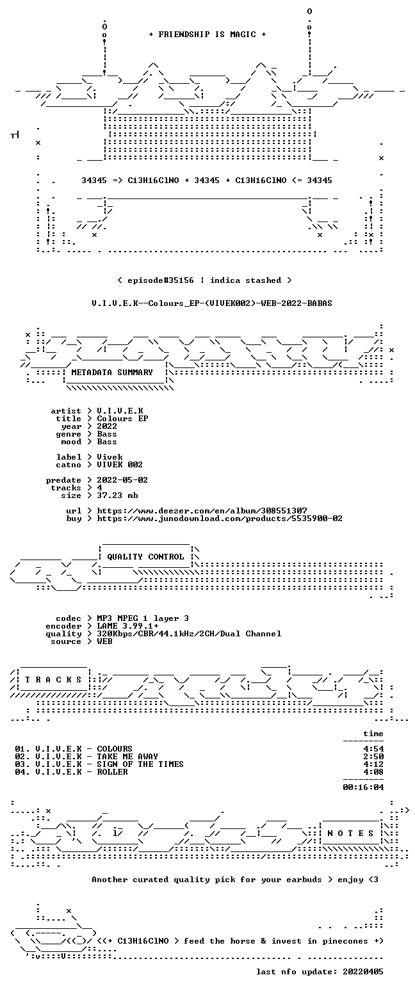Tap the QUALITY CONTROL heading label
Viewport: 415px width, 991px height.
pos(145,556)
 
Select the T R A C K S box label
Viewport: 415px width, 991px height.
pos(54,679)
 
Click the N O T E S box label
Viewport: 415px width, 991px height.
pos(350,833)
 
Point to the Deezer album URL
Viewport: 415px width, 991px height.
pos(202,510)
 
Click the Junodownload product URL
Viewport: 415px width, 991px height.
pos(220,518)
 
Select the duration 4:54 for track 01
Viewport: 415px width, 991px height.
pos(373,748)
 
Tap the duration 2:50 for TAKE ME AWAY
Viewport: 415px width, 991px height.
pos(373,757)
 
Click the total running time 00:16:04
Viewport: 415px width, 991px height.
pos(363,787)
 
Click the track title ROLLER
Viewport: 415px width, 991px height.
pos(112,771)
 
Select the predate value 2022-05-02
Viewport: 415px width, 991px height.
pos(122,480)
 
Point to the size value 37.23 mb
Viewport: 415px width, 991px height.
pos(117,495)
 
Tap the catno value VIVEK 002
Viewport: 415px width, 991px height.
pos(120,465)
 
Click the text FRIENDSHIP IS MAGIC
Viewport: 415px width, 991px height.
pos(207,35)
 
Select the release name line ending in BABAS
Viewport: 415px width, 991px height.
pos(212,303)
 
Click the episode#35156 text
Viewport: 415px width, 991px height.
pos(161,280)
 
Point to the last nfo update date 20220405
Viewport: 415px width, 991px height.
pos(363,972)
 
